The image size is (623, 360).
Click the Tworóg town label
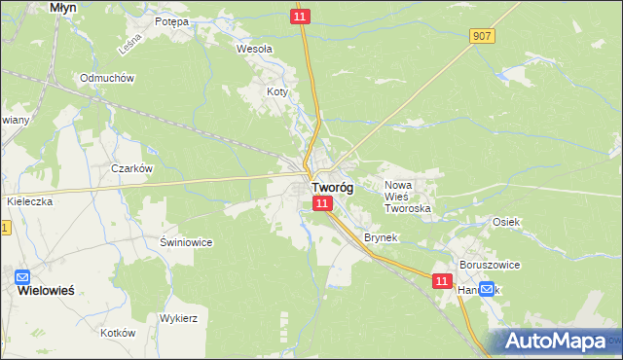pyautogui.click(x=332, y=188)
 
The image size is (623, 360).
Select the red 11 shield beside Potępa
pyautogui.click(x=301, y=18)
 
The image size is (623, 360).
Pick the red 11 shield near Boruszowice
pyautogui.click(x=442, y=280)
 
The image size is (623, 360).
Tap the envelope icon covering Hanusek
pyautogui.click(x=487, y=289)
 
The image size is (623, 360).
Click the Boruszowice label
pyautogui.click(x=490, y=265)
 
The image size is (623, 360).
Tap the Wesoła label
pyautogui.click(x=255, y=47)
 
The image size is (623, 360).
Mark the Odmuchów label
pyautogui.click(x=107, y=78)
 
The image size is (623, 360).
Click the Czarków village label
pyautogui.click(x=131, y=167)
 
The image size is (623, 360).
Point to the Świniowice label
pyautogui.click(x=186, y=242)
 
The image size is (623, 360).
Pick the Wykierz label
pyautogui.click(x=179, y=317)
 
